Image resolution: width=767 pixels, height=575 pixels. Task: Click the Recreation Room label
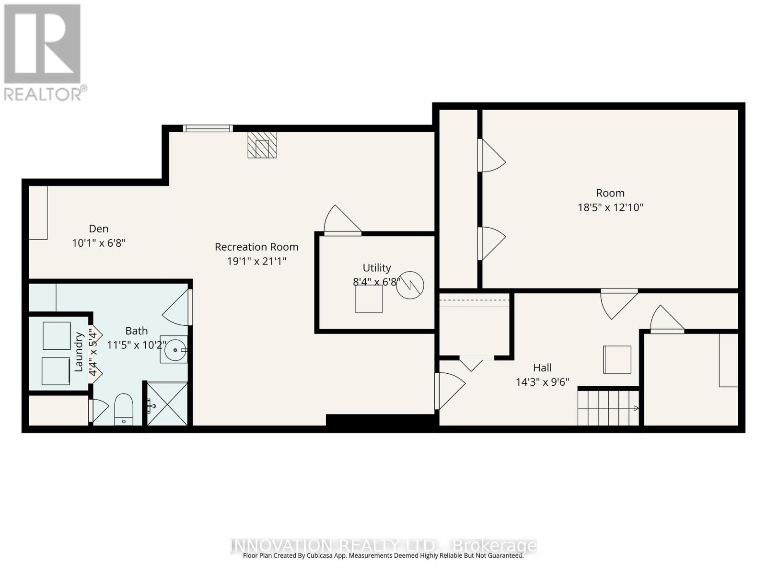click(256, 247)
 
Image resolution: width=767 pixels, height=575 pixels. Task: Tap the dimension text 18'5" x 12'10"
click(610, 207)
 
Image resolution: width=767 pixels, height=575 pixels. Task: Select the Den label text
click(99, 229)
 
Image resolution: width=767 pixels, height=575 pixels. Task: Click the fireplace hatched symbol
click(262, 145)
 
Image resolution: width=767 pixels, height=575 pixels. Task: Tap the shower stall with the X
click(167, 403)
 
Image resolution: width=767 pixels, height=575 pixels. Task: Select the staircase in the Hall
click(608, 408)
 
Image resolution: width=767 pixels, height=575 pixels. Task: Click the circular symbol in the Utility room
click(410, 286)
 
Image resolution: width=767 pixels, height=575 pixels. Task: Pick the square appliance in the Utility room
click(369, 299)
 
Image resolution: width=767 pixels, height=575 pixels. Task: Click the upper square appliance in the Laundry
click(57, 336)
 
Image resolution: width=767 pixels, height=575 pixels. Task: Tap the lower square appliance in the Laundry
click(56, 371)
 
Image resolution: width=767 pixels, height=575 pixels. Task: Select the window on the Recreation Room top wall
click(208, 128)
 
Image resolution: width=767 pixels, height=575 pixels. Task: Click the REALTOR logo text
click(46, 93)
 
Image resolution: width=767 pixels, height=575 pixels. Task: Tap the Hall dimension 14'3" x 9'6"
click(542, 382)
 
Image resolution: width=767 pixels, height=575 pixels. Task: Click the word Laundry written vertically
click(79, 352)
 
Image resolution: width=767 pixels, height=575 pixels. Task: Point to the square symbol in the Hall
click(617, 359)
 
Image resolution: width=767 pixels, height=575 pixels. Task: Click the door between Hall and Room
click(618, 303)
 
